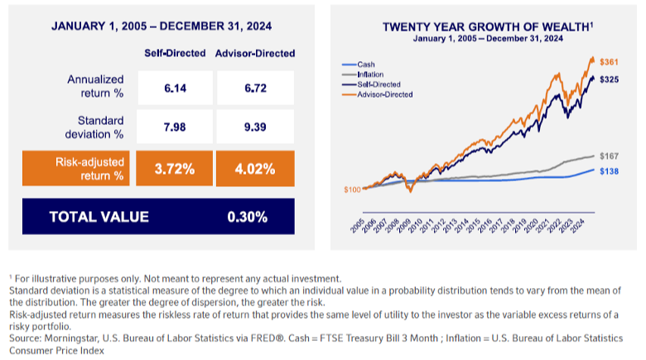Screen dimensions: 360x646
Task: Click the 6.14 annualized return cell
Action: tap(175, 88)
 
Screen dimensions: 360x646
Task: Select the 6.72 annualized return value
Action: tap(254, 88)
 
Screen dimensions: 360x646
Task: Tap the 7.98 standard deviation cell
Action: tap(175, 128)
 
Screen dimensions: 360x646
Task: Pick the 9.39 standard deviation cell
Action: tap(254, 128)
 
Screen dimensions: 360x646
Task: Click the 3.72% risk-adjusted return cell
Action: tap(175, 169)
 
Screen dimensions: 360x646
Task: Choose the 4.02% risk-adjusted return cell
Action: tap(254, 169)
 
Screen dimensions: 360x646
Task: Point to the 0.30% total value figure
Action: tap(247, 218)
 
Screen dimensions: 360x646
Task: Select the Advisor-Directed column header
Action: tap(255, 53)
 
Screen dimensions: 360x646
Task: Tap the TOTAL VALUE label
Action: tap(99, 218)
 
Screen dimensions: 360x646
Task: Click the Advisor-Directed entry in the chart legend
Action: tap(384, 94)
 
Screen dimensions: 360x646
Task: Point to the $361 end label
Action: tap(610, 61)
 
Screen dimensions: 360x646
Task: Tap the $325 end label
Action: tap(610, 79)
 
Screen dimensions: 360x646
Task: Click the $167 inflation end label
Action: tap(610, 155)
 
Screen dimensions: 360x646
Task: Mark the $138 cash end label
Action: tap(610, 170)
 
